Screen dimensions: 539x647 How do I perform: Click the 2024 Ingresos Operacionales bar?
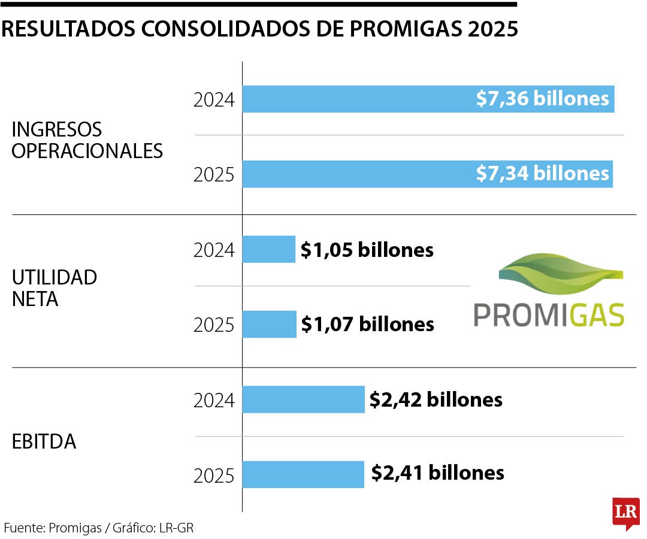[x=359, y=99]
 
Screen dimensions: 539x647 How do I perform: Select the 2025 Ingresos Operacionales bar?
[x=359, y=174]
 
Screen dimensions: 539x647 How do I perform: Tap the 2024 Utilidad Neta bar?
[x=269, y=249]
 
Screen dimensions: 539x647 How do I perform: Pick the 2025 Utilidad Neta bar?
[x=269, y=324]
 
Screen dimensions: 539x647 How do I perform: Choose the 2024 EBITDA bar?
[x=303, y=399]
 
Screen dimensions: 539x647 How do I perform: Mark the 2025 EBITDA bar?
[x=303, y=474]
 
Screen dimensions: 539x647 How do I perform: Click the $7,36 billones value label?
[x=542, y=99]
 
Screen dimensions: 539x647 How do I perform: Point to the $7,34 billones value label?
[x=542, y=174]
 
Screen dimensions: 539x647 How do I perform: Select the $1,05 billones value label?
[x=367, y=250]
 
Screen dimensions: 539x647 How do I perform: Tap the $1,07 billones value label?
[x=367, y=325]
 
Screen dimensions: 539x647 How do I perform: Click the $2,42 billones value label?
[x=436, y=399]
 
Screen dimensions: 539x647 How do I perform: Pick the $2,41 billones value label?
[x=437, y=473]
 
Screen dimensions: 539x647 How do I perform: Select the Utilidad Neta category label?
[x=54, y=288]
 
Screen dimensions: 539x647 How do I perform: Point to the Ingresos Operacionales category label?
[x=87, y=140]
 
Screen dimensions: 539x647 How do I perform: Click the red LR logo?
[x=626, y=513]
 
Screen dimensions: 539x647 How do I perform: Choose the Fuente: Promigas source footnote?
[x=99, y=528]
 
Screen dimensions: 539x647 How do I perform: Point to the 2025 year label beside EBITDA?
[x=214, y=476]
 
